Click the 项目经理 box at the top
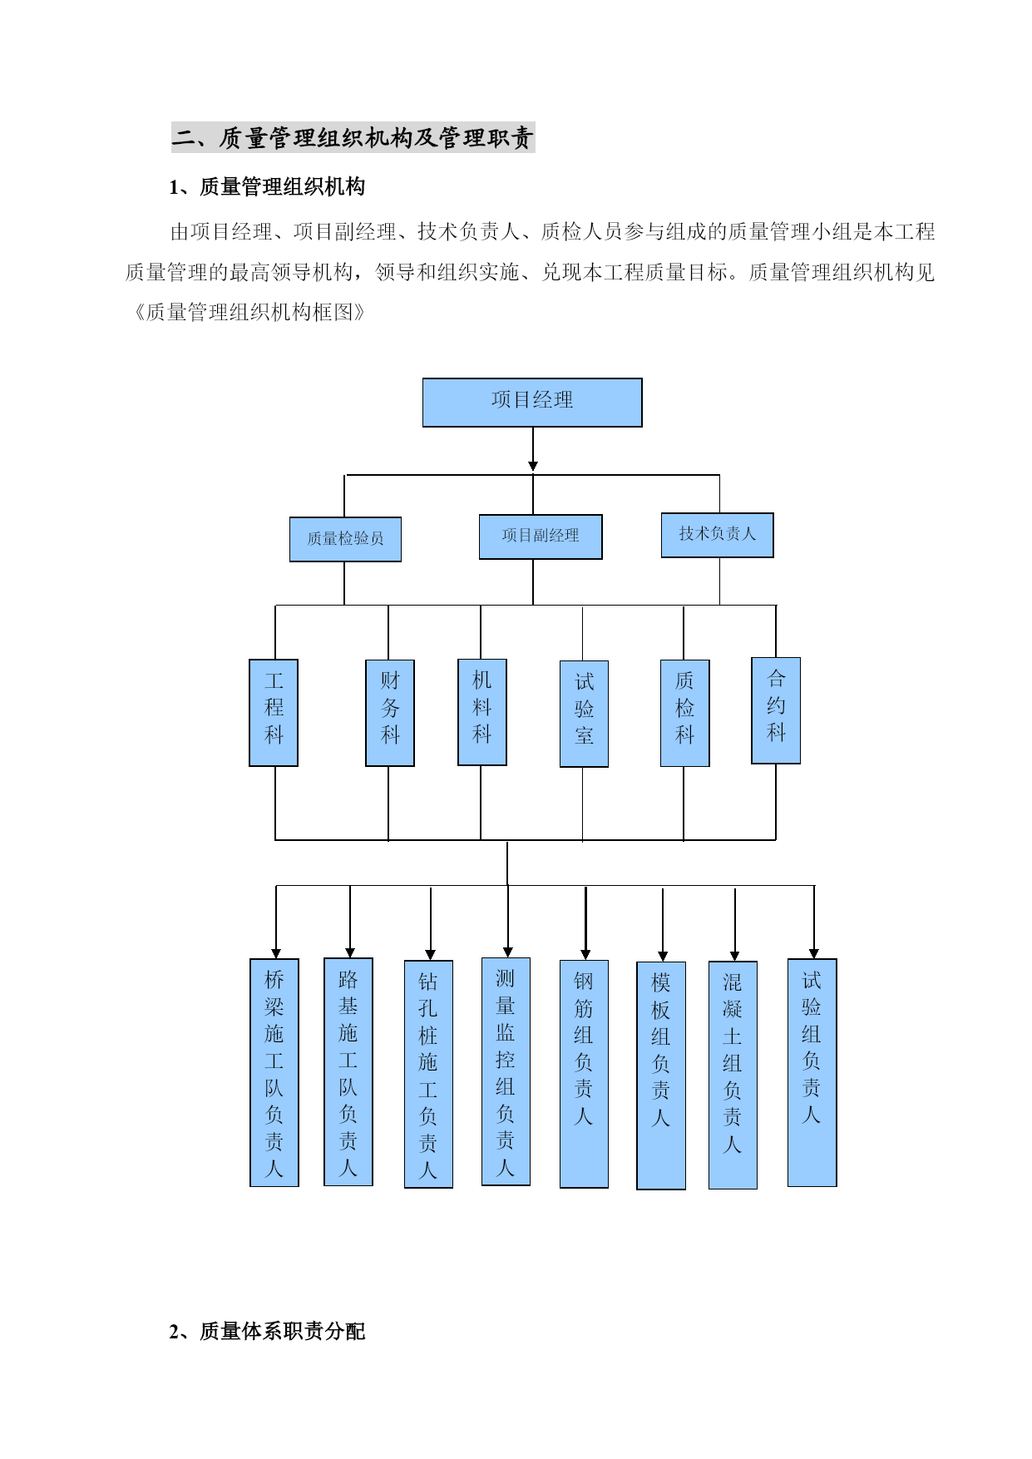point(532,403)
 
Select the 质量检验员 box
point(345,539)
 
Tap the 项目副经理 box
point(541,537)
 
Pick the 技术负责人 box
point(717,535)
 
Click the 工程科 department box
point(274,713)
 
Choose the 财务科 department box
point(390,713)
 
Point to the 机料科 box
point(482,712)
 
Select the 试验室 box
point(584,714)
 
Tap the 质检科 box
point(684,713)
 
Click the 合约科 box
point(776,710)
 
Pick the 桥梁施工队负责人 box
point(274,1072)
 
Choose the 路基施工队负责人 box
point(348,1071)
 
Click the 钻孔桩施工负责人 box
point(428,1074)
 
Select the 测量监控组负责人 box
point(506,1071)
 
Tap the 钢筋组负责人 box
point(584,1074)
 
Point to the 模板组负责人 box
point(661,1076)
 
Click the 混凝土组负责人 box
point(733,1075)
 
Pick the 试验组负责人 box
point(812,1072)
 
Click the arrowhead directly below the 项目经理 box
point(533,467)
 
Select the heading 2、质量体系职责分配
point(267,1332)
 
